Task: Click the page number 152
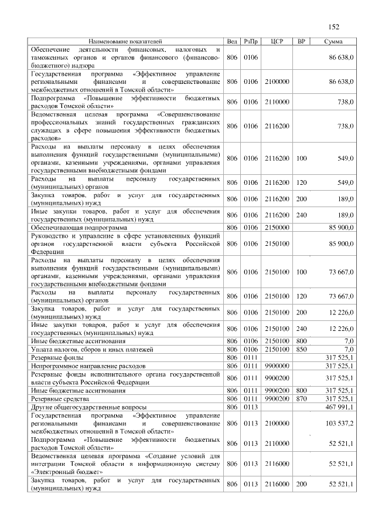(x=334, y=26)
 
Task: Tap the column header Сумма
(x=333, y=42)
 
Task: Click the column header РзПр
(x=250, y=42)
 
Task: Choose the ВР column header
(x=301, y=42)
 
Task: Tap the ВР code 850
(x=301, y=349)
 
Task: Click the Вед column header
(x=232, y=42)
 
